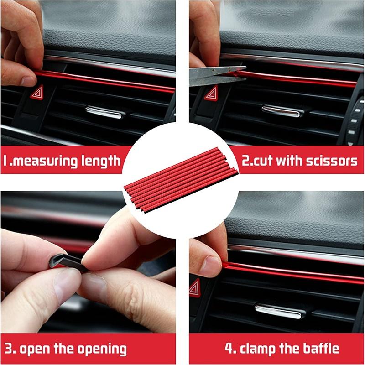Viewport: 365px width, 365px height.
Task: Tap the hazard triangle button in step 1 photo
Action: (37, 93)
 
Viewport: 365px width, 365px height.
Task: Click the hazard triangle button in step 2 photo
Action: (211, 93)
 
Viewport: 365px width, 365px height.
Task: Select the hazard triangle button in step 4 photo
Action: (195, 288)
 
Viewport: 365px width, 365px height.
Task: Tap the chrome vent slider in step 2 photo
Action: (281, 110)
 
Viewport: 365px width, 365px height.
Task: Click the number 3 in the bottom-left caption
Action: (10, 349)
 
